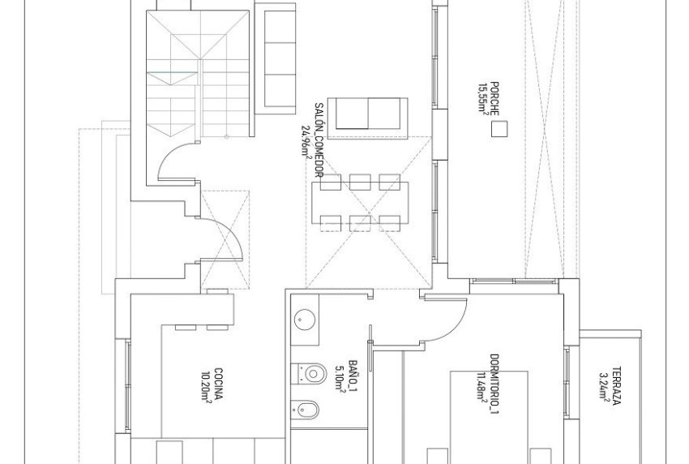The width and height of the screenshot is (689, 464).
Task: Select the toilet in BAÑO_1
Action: [310, 371]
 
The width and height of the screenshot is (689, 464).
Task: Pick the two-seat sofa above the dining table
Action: [370, 113]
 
